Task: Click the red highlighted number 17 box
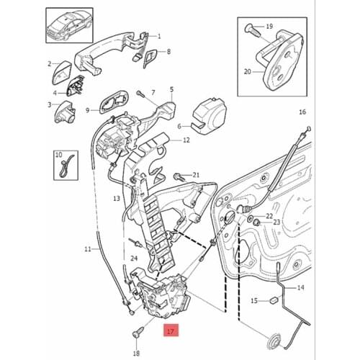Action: (171, 332)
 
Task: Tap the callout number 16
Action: (302, 112)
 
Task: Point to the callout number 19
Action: (269, 27)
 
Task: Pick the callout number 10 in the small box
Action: (59, 154)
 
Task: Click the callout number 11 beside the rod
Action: (87, 249)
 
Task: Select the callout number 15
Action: (253, 300)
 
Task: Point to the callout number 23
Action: (276, 223)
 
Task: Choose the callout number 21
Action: (196, 175)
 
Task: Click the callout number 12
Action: (186, 140)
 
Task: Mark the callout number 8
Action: (168, 51)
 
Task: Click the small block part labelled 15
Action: (274, 300)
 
